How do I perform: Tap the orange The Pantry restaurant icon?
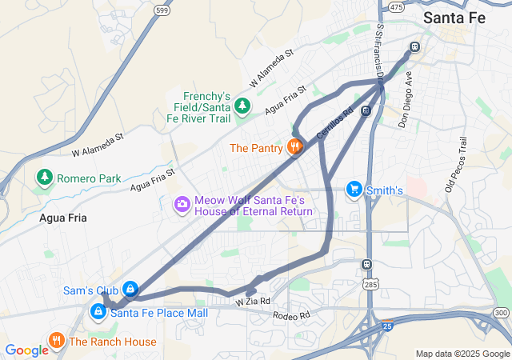point(295,147)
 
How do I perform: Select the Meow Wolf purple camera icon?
point(182,206)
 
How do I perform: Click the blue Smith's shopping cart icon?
point(353,189)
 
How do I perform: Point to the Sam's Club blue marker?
point(130,289)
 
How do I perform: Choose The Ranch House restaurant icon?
point(56,341)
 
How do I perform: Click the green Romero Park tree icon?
point(45,177)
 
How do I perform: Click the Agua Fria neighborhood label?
point(62,217)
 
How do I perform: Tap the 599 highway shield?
point(162,10)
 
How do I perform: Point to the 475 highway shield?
point(395,6)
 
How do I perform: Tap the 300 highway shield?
point(501,312)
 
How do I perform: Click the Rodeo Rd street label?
point(290,316)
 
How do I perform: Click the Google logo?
point(26,350)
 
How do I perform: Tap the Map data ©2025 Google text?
point(462,354)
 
